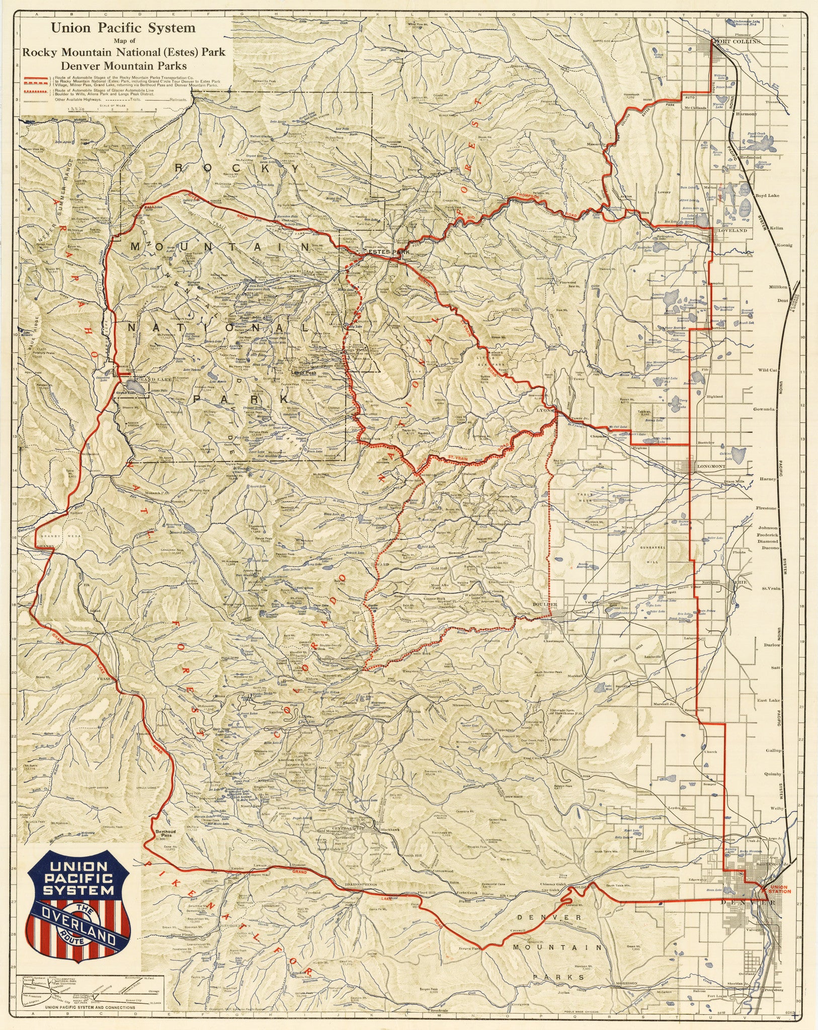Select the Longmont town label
[x=710, y=466]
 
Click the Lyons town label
[x=548, y=410]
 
